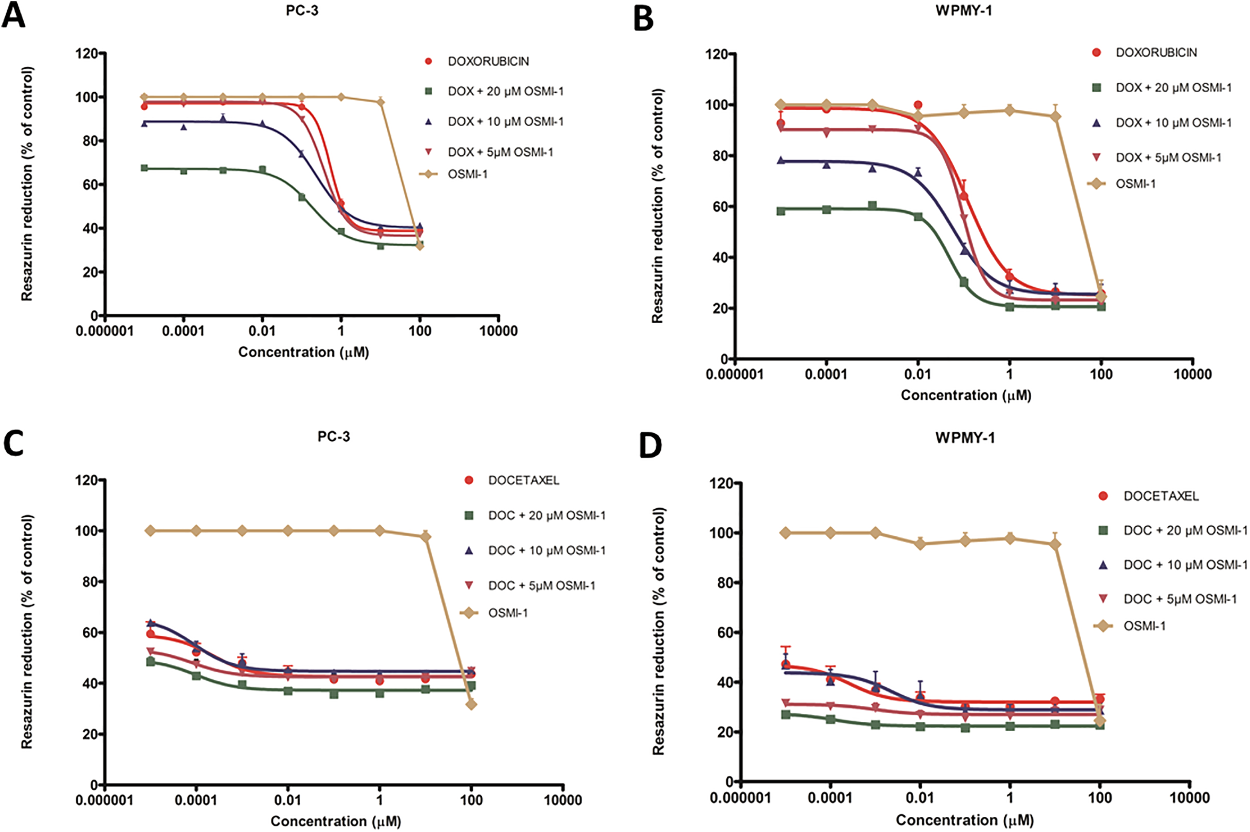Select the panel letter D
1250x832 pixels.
tap(650, 445)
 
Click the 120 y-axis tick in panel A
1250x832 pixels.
tap(87, 54)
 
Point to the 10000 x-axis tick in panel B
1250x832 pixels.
tap(1192, 374)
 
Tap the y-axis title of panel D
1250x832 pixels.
tap(658, 631)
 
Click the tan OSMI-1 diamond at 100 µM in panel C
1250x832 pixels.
tap(471, 705)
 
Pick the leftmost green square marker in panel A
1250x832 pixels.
tap(144, 168)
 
